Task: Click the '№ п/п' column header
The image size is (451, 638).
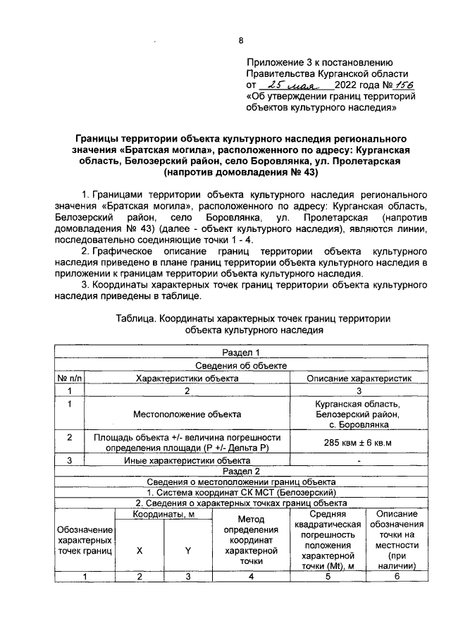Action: point(70,378)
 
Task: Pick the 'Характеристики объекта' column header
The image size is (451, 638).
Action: point(187,378)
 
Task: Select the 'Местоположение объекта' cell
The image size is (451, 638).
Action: point(187,415)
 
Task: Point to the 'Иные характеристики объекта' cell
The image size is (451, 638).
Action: point(187,460)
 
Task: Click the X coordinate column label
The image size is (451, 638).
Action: point(140,551)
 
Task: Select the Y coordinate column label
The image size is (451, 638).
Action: point(188,551)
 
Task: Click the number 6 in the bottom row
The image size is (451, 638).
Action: point(396,576)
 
